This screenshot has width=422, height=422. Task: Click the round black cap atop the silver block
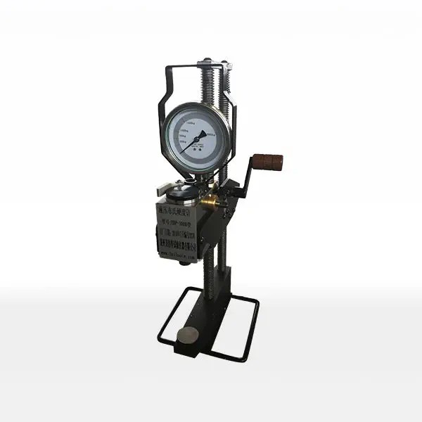[x=185, y=186]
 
